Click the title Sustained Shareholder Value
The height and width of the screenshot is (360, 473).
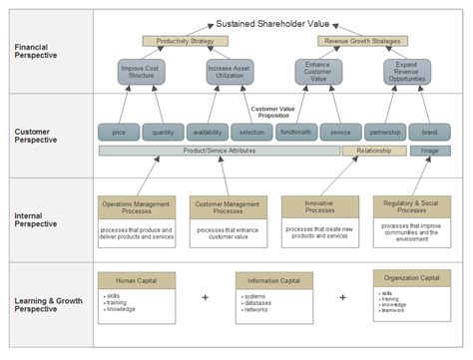click(274, 23)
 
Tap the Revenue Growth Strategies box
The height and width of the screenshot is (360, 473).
click(362, 42)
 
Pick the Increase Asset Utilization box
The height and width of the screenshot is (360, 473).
click(227, 72)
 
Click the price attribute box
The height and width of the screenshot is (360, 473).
click(119, 132)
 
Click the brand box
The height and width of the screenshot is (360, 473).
click(429, 132)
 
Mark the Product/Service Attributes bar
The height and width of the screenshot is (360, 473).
click(219, 151)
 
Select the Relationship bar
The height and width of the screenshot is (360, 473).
click(373, 151)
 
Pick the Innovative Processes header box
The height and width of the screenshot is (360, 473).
click(319, 206)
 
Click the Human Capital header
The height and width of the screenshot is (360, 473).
click(136, 281)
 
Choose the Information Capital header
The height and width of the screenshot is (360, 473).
click(273, 281)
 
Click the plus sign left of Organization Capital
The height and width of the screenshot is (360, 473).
click(342, 297)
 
